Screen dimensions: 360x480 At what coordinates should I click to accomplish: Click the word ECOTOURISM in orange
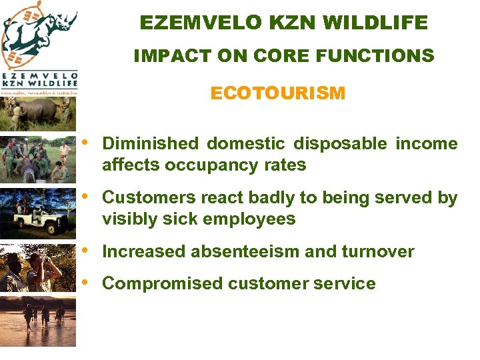coord(277,93)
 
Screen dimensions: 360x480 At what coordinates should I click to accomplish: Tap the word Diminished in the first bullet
coord(150,144)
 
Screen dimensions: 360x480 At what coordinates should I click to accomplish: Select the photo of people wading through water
coord(39,320)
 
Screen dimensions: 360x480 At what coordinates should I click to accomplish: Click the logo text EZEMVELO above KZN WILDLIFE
coord(39,76)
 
